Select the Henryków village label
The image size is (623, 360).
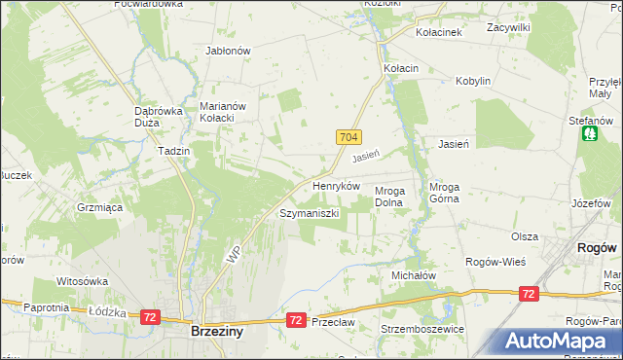(336, 185)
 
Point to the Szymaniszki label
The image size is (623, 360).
(309, 212)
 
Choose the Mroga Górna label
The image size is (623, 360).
(450, 197)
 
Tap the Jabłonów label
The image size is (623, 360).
(229, 51)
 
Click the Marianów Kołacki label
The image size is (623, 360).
(227, 113)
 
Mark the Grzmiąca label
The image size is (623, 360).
(98, 207)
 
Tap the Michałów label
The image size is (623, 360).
(413, 275)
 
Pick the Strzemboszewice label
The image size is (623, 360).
(423, 329)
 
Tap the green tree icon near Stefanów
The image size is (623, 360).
(589, 133)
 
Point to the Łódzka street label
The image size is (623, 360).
(102, 311)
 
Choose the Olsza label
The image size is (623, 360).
(525, 236)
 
